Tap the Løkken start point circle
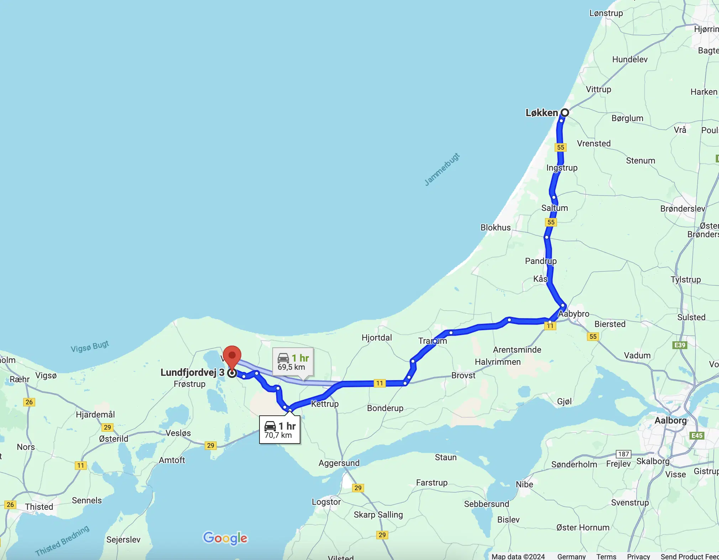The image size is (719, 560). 565,113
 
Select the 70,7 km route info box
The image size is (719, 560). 280,430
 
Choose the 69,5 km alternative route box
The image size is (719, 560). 293,362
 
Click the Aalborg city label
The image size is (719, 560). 671,420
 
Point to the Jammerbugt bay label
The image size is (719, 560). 442,170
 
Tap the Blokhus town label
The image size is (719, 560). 495,227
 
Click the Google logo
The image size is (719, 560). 225,538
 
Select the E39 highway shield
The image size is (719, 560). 679,345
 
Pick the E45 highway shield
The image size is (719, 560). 697,435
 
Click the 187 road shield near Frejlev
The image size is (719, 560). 623,454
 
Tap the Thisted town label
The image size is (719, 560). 39,507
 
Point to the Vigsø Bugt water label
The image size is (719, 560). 90,346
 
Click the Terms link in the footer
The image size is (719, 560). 606,556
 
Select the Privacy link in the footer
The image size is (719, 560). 638,556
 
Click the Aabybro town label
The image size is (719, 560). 574,314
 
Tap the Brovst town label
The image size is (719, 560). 463,375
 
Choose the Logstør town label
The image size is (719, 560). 326,502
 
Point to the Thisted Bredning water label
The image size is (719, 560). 62,540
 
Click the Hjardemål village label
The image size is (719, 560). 95,414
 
